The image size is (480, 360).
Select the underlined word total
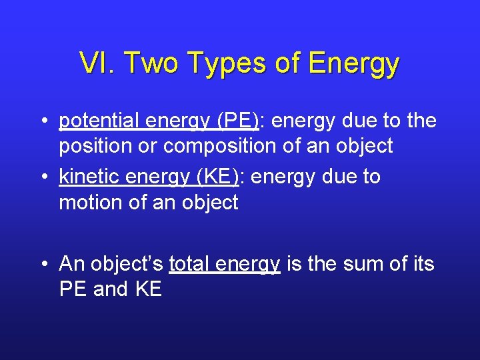click(191, 264)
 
